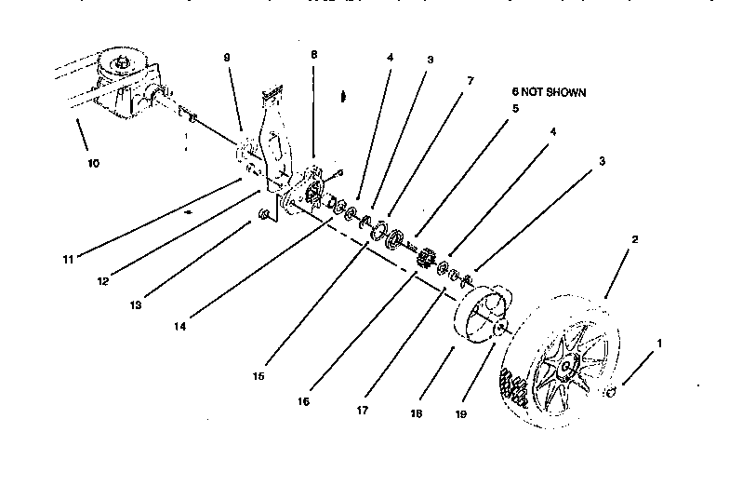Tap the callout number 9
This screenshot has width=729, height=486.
point(226,57)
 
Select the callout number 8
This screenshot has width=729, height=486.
point(313,55)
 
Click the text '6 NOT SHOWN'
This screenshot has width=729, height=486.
point(549,93)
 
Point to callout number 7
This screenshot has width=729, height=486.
point(470,81)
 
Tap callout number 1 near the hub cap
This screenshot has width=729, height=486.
point(659,343)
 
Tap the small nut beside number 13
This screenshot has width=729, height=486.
point(264,216)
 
